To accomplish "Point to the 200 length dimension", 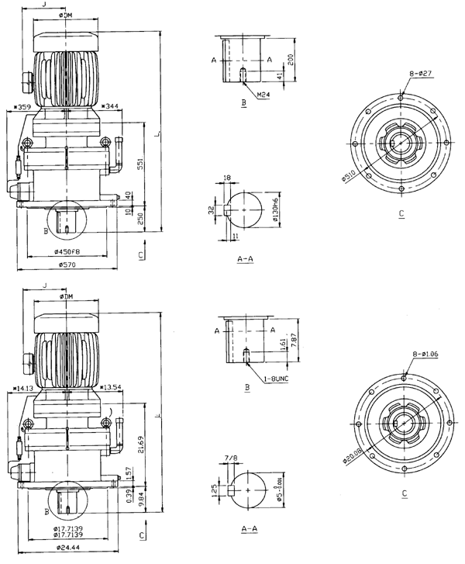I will [291, 59].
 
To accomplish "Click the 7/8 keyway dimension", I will [229, 459].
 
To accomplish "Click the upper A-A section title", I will [245, 263].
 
